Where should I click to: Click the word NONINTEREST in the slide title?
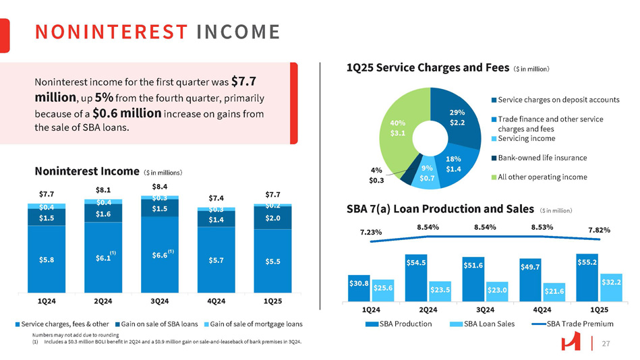(111, 32)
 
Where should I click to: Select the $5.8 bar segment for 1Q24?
(47, 259)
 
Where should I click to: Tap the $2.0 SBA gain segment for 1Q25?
(273, 217)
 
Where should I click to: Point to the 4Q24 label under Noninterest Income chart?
(216, 301)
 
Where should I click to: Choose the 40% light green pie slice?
(399, 128)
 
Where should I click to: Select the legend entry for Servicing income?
(526, 138)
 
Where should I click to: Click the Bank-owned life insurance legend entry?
(542, 158)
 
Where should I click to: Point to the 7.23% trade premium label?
(372, 232)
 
